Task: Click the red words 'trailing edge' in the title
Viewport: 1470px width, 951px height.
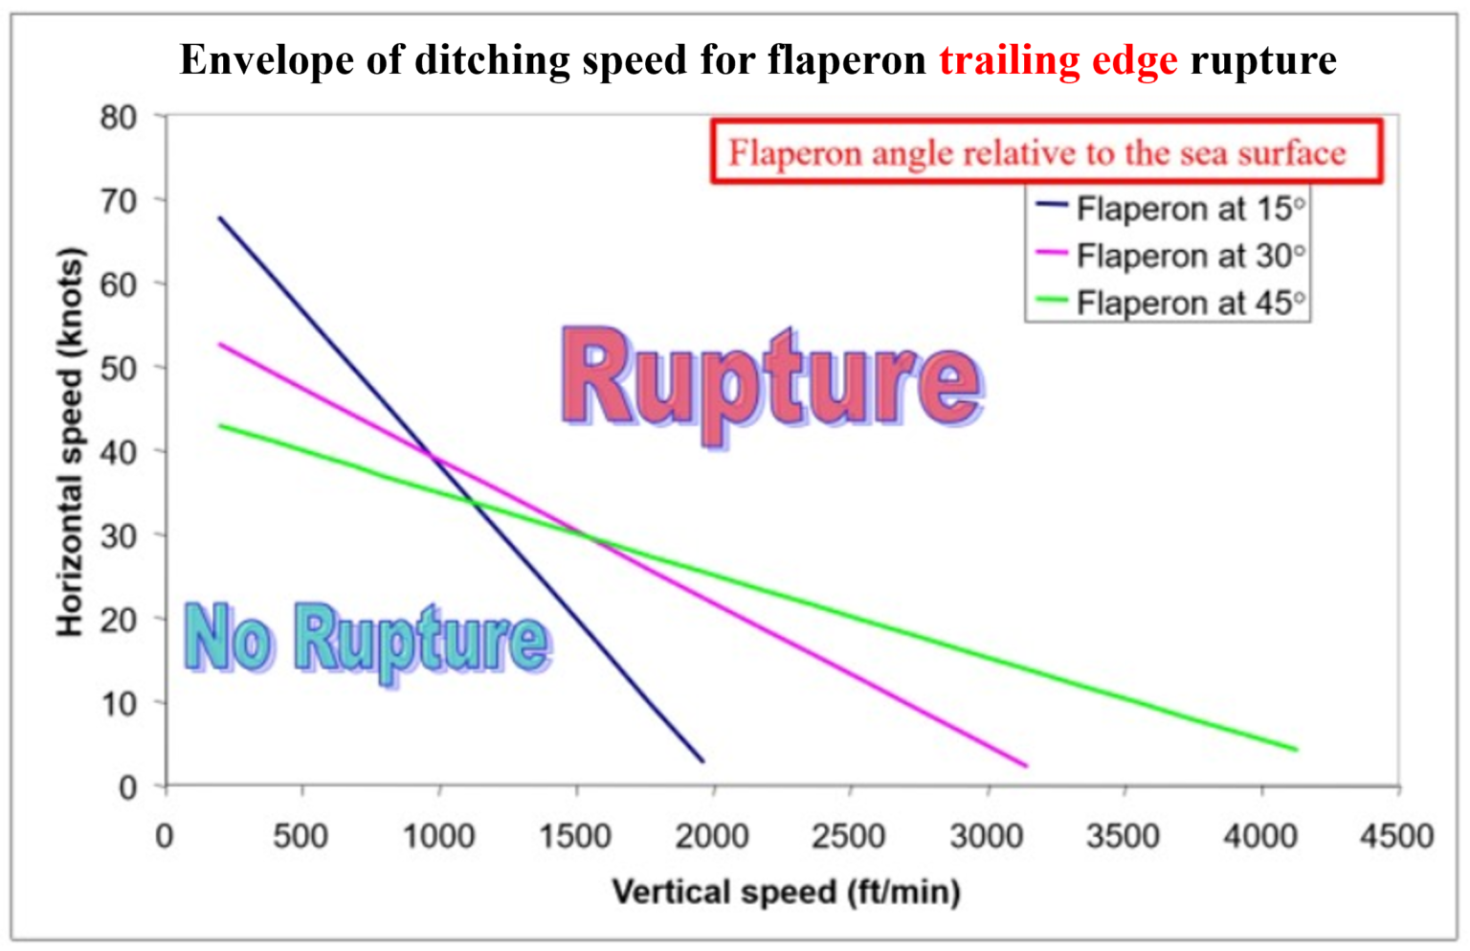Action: pos(1058,59)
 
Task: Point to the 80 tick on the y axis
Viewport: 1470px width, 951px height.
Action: pos(119,117)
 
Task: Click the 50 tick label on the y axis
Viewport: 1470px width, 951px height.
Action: pos(119,368)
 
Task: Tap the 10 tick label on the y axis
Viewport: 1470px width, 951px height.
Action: pos(119,704)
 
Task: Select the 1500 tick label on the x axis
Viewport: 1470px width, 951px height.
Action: pos(574,836)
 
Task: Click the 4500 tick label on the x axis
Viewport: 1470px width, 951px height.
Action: pos(1396,836)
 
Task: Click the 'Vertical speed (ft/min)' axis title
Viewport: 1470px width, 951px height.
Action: pos(786,893)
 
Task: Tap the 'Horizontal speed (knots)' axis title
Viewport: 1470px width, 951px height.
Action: pos(71,442)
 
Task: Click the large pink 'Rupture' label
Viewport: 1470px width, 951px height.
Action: pos(771,382)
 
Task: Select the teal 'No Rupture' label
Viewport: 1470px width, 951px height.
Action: pos(367,640)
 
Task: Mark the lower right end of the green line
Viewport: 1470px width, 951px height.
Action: pos(1297,750)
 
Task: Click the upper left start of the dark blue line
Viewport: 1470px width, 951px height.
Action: pos(220,218)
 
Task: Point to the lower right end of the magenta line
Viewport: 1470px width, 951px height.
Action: pos(1026,766)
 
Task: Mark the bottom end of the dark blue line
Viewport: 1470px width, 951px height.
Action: pos(703,761)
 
